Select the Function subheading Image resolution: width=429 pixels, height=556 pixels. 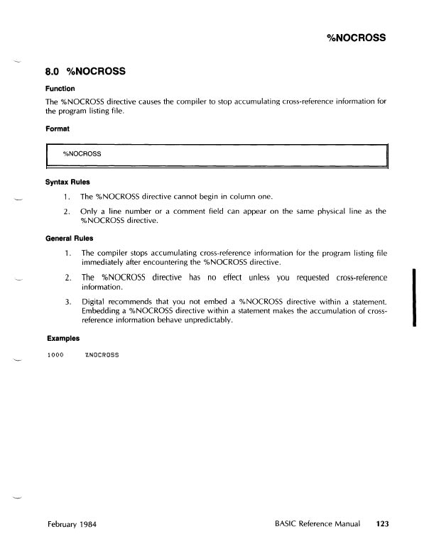click(x=61, y=89)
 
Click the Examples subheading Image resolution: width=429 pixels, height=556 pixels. click(x=63, y=339)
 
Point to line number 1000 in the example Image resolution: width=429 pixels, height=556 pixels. click(x=54, y=354)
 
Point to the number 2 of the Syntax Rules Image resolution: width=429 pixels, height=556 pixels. click(x=66, y=212)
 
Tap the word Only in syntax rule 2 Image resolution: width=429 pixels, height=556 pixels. click(x=89, y=212)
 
